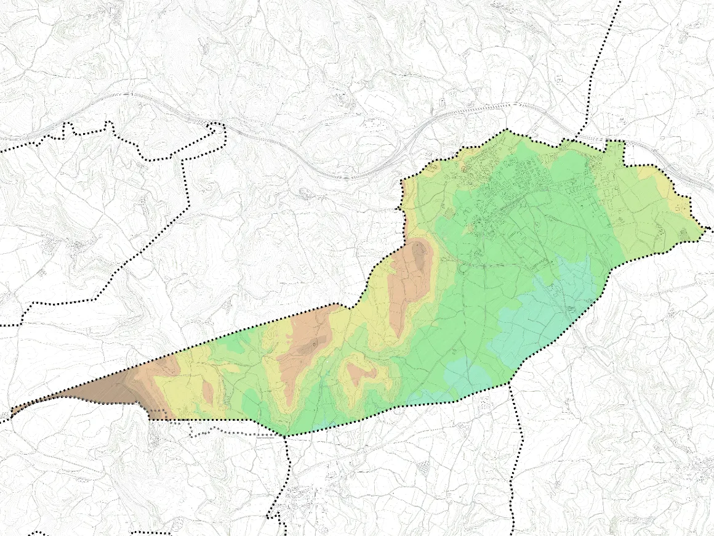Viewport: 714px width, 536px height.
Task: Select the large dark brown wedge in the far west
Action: pyautogui.click(x=105, y=388)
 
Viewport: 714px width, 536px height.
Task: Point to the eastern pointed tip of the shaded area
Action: pyautogui.click(x=704, y=230)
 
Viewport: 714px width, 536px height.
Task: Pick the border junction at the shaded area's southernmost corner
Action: pyautogui.click(x=284, y=436)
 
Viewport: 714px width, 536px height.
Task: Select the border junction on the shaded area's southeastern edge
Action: pyautogui.click(x=510, y=384)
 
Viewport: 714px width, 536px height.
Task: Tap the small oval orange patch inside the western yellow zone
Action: pyautogui.click(x=207, y=392)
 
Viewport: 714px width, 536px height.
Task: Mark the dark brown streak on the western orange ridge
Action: pyautogui.click(x=308, y=348)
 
